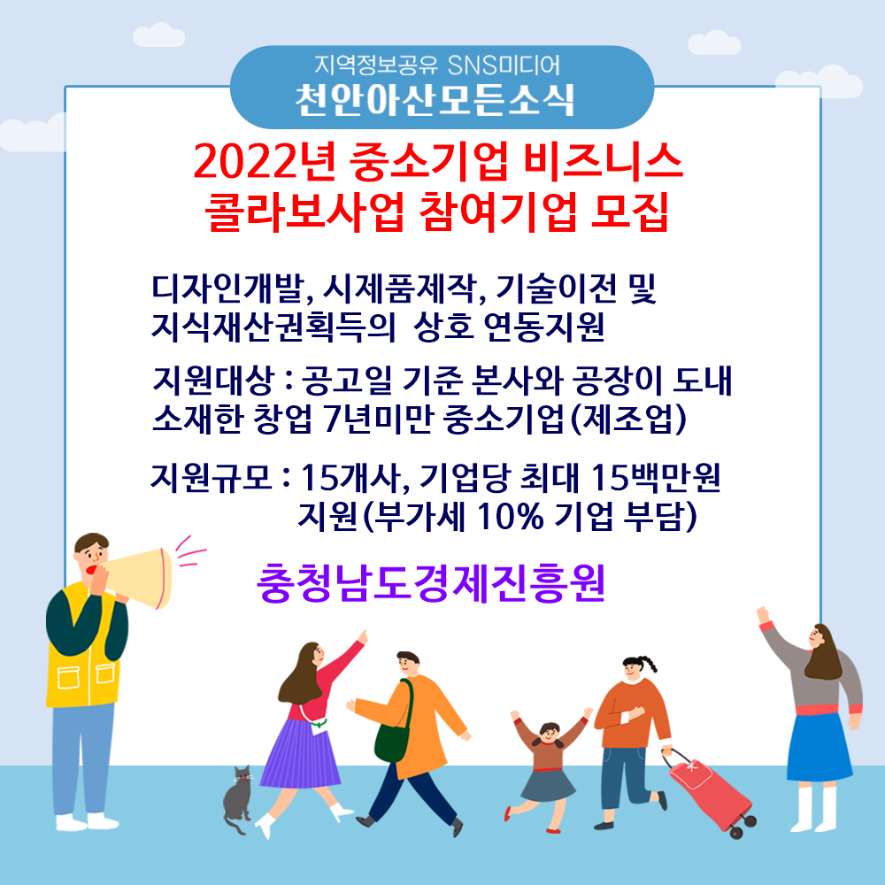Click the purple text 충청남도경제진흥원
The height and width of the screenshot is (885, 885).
[x=431, y=583]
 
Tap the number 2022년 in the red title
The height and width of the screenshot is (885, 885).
[x=265, y=162]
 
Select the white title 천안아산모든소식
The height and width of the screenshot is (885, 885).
[x=435, y=101]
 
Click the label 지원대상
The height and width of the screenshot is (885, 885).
[x=212, y=381]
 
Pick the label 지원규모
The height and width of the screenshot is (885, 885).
[x=212, y=478]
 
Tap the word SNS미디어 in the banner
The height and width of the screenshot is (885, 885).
[x=504, y=65]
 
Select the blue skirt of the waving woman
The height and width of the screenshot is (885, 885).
[x=819, y=747]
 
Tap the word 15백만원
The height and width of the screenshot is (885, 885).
[x=656, y=478]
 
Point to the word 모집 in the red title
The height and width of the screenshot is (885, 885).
[x=630, y=212]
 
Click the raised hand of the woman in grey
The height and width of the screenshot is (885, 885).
[x=763, y=614]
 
